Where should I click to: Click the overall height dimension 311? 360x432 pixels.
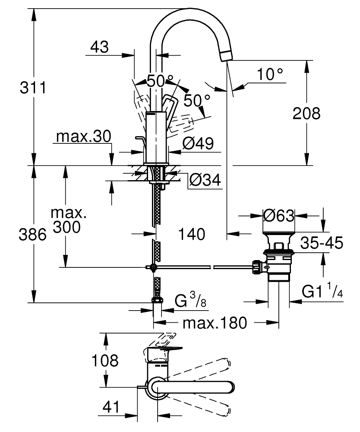coord(33,88)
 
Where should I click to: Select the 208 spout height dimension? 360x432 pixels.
coord(306,114)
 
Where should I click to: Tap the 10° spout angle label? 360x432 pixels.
coord(271,75)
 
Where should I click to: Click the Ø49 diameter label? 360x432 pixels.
coord(198,143)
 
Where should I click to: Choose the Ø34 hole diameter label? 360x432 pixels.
coord(205,180)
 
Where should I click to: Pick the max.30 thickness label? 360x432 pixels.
coord(83,137)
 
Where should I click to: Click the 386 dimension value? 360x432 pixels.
coord(33,235)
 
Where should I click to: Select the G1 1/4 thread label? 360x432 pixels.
coord(322,292)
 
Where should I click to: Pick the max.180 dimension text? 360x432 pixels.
coord(214,322)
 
